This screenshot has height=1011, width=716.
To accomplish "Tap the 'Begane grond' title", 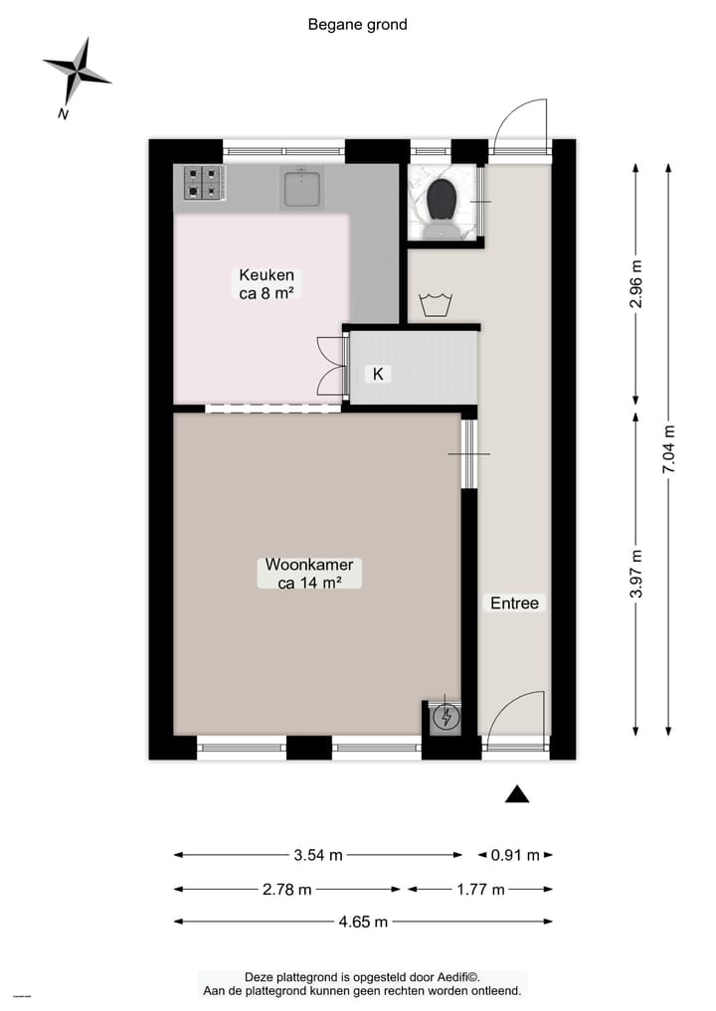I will (357, 25).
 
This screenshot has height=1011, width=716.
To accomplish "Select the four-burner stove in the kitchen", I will (200, 184).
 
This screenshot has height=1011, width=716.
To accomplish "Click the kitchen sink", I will (301, 187).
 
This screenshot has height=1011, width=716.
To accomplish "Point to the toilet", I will (442, 205).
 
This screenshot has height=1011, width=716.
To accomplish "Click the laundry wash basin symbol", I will (435, 304).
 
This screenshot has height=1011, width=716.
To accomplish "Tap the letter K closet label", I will (378, 374).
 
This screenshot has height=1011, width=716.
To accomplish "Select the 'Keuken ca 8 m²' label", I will (266, 283).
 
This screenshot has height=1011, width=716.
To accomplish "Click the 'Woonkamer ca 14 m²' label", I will (309, 574).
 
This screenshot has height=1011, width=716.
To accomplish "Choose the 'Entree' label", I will (514, 602).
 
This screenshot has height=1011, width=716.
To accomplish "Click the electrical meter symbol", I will (447, 717).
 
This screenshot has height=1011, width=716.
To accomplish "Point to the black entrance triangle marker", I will (516, 793).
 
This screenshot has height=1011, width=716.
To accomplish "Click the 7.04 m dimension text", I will (668, 450).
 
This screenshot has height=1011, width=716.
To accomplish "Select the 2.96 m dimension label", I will (636, 285).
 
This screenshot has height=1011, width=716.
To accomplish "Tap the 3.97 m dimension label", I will (636, 574).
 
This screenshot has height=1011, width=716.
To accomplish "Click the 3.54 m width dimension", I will (318, 855).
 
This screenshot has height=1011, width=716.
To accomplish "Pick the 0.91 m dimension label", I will (515, 855).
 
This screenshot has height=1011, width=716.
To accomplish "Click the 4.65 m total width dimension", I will (362, 922).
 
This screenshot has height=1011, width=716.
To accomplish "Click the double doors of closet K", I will (329, 366).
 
